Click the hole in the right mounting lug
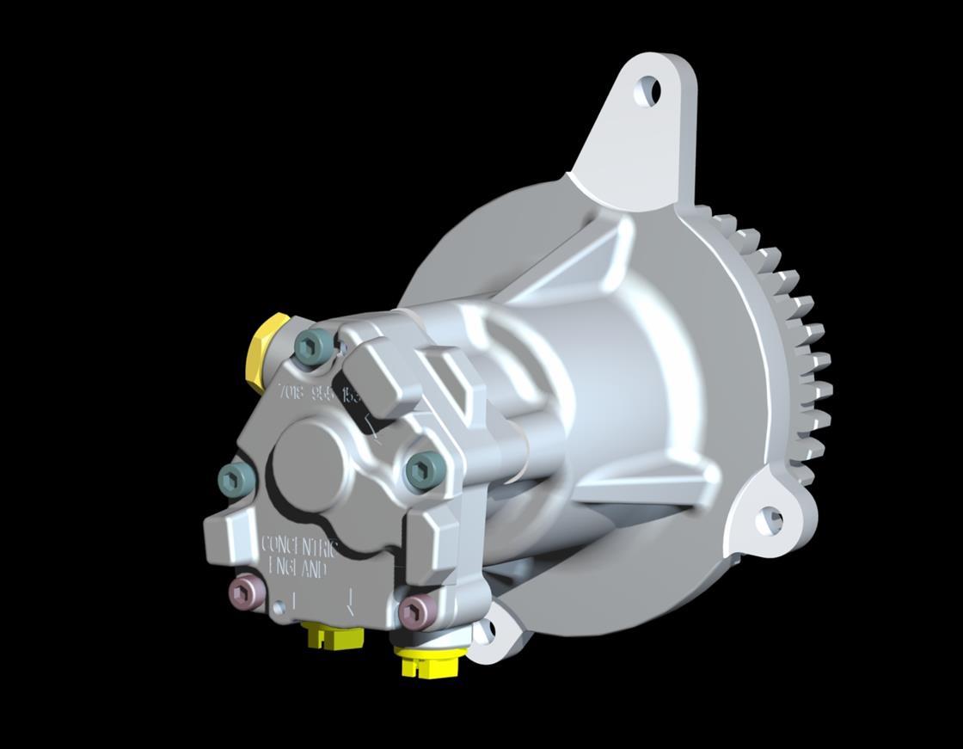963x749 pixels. tap(768, 519)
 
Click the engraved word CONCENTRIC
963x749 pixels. tap(299, 546)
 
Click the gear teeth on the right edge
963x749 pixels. tap(804, 361)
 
